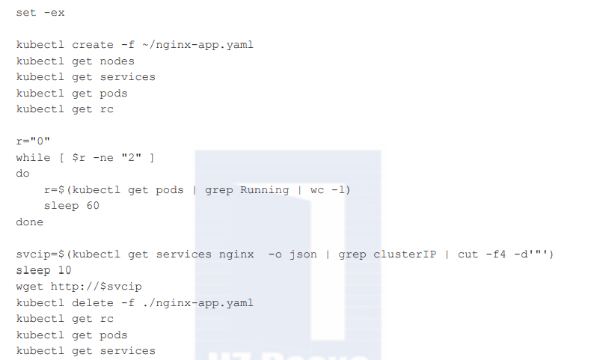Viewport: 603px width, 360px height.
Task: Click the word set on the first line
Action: click(26, 13)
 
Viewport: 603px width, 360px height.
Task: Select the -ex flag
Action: click(54, 13)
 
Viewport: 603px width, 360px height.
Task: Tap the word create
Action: click(89, 45)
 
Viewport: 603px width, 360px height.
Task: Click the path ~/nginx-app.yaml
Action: click(198, 45)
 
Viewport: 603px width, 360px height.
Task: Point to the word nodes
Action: click(117, 61)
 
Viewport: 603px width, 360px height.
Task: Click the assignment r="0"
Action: click(33, 141)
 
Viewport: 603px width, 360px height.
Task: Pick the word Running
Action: click(264, 190)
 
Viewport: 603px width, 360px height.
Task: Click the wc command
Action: click(316, 190)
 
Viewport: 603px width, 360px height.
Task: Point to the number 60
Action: click(92, 206)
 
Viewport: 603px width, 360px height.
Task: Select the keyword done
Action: click(29, 222)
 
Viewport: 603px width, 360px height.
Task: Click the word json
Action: click(302, 254)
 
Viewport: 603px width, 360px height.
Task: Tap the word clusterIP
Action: click(405, 254)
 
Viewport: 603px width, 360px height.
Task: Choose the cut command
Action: click(468, 254)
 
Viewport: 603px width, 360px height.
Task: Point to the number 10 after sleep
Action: click(64, 271)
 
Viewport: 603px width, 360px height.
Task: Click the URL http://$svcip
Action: click(96, 287)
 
